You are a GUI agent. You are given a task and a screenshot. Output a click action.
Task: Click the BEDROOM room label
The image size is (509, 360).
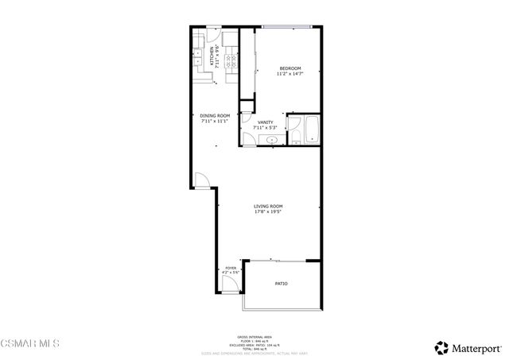tap(290, 69)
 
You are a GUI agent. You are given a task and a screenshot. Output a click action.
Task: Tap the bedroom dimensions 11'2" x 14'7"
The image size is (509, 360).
tap(290, 74)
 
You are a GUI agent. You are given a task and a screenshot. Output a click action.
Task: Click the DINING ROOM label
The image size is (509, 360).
tap(215, 116)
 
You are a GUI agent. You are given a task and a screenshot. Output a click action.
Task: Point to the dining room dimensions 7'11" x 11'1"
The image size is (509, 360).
tap(215, 122)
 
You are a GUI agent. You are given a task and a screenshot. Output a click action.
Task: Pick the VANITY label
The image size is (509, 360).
tap(265, 122)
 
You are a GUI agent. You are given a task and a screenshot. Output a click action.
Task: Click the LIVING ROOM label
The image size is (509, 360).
tap(268, 207)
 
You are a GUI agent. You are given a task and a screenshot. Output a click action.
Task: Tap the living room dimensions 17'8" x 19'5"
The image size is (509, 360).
tap(268, 212)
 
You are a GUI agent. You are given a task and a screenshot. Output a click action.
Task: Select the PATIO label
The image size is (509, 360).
tap(282, 284)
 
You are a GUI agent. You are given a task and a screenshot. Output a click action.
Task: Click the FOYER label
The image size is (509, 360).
tap(231, 269)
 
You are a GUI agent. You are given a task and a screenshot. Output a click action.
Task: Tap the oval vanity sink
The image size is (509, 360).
tap(272, 140)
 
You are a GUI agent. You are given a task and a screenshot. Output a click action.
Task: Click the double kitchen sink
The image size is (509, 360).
tap(196, 58)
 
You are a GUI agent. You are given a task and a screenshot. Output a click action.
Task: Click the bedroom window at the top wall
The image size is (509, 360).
tap(286, 29)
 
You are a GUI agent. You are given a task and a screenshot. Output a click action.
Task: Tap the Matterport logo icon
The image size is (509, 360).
tap(440, 346)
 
